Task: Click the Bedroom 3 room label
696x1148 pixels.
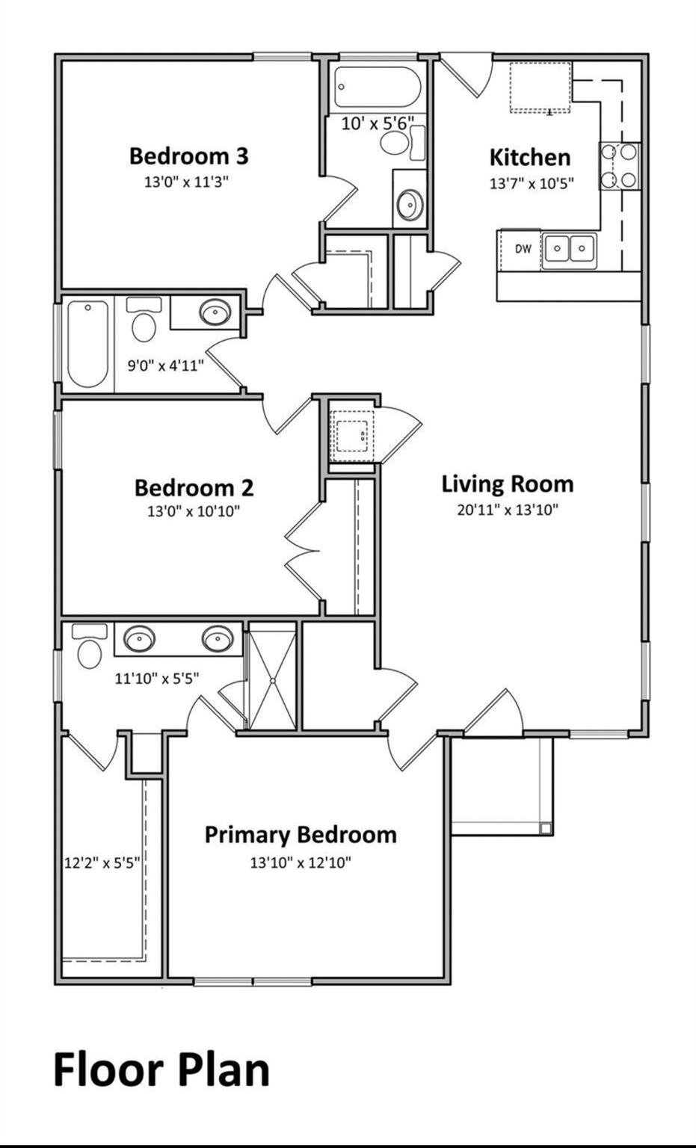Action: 188,156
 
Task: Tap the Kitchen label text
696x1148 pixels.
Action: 530,158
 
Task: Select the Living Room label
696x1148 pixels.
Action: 508,484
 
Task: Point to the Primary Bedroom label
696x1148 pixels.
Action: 301,834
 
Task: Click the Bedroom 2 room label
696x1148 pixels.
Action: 194,488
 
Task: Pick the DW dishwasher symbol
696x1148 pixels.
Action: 523,249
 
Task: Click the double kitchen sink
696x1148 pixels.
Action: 569,248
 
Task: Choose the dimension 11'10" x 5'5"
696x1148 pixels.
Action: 156,679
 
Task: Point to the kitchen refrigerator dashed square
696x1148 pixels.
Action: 541,88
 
